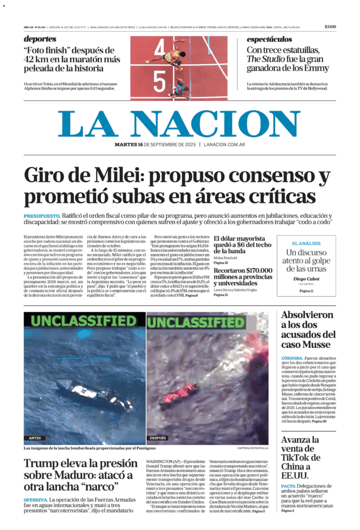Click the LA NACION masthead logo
coord(179,124)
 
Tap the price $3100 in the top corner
coord(330,27)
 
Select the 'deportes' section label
coord(40,39)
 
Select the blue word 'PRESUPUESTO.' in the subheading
coord(41,216)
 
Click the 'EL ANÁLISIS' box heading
coord(306,243)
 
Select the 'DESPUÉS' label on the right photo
coord(158,438)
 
